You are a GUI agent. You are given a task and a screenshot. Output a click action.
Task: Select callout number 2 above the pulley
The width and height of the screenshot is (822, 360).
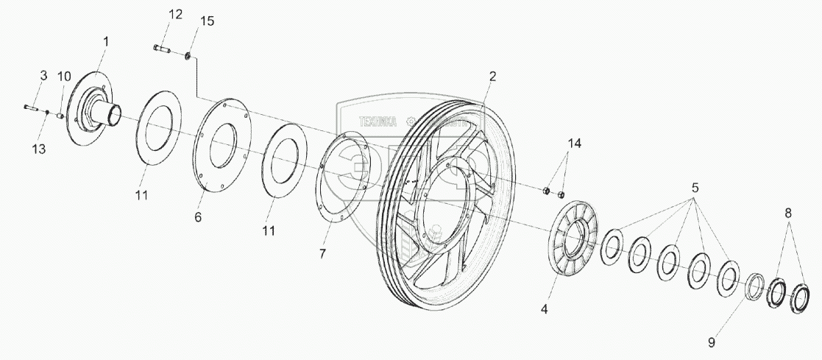492,76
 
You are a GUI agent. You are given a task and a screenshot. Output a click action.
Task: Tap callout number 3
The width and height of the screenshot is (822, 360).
43,76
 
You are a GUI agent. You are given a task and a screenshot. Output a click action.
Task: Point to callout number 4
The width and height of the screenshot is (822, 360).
545,310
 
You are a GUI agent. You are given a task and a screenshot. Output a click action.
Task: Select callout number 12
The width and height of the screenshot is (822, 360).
174,15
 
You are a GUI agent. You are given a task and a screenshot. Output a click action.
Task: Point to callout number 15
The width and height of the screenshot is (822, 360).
208,21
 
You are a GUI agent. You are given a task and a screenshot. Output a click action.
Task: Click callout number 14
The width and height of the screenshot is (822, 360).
573,143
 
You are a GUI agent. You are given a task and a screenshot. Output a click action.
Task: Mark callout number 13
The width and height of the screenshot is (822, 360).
39,149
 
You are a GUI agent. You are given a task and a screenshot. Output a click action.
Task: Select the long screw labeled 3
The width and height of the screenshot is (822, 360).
30,107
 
